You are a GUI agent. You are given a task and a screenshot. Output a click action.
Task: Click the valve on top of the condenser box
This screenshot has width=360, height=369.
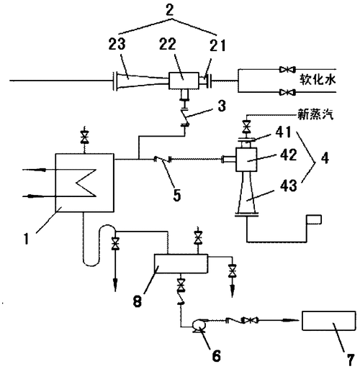[85, 135]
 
